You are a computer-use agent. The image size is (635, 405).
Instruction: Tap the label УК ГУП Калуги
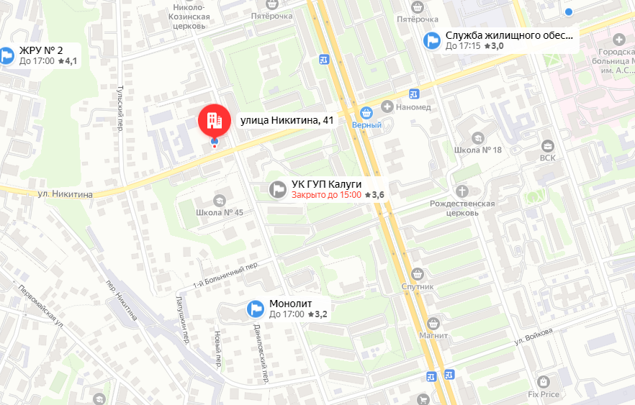(326, 183)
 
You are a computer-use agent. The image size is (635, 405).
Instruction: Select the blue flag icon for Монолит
(255, 308)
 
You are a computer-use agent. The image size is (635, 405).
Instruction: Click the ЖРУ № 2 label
(41, 50)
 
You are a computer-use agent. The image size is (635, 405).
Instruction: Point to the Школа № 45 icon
(220, 199)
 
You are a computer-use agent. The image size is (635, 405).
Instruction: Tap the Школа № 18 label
(477, 150)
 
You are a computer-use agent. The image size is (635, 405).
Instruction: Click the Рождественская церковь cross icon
(462, 191)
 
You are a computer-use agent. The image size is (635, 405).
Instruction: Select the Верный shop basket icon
(366, 112)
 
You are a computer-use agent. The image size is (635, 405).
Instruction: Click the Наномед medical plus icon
(387, 107)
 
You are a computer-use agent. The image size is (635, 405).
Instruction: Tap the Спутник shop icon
(418, 273)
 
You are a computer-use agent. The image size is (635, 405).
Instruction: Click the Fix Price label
(544, 394)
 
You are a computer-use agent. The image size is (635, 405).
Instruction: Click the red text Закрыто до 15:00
(326, 195)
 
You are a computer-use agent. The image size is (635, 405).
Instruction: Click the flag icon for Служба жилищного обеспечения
(432, 40)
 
